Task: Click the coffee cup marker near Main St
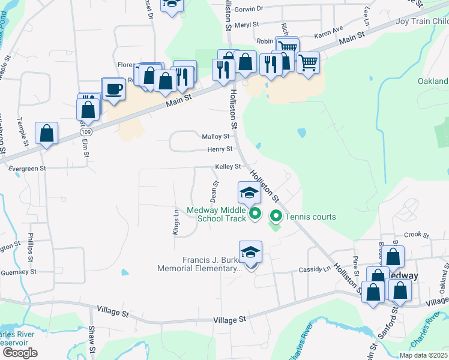pos(113,90)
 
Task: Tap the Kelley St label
pos(229,167)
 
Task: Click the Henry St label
pos(220,149)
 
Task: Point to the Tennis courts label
pos(310,217)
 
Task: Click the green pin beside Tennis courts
pos(276,215)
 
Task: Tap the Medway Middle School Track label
pos(216,214)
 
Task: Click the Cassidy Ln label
pos(319,269)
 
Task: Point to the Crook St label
pos(414,235)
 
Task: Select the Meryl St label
pos(247,25)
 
